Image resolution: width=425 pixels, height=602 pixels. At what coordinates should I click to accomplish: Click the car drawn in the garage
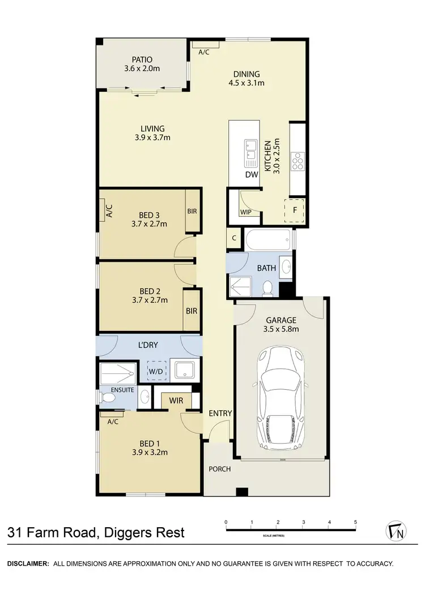(x=281, y=398)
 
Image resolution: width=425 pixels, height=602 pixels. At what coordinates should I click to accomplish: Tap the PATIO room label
(x=142, y=60)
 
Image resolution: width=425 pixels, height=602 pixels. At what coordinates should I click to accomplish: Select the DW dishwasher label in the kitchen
(x=252, y=175)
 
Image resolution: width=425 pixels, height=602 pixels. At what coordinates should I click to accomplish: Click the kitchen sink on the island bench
(x=250, y=151)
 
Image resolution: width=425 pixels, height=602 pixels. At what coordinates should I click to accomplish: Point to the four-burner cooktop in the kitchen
(x=297, y=162)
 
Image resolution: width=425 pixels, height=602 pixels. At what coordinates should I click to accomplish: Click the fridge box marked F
(x=294, y=210)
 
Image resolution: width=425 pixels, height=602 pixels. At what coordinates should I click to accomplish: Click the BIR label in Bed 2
(x=192, y=310)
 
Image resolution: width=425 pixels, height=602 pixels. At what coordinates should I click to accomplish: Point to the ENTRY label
(x=220, y=413)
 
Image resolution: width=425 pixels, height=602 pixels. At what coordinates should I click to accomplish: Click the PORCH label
(x=220, y=469)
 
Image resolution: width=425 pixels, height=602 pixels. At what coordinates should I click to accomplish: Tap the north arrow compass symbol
(x=396, y=531)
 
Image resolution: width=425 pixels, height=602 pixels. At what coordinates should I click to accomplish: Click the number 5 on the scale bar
(x=355, y=522)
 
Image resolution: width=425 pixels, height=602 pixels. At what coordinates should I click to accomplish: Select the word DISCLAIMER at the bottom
(x=27, y=563)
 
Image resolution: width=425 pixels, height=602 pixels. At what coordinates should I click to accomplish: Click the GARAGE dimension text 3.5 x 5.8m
(x=282, y=329)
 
